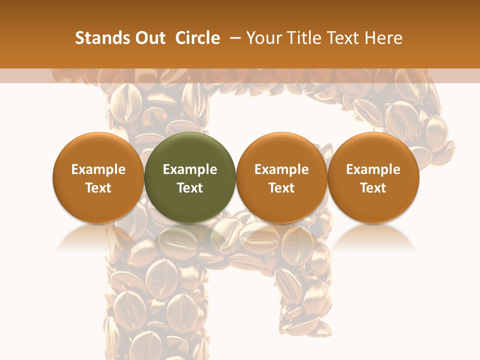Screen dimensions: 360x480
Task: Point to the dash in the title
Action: pyautogui.click(x=233, y=38)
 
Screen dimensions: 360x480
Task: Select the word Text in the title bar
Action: pyautogui.click(x=342, y=38)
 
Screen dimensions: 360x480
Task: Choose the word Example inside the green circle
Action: pyautogui.click(x=190, y=169)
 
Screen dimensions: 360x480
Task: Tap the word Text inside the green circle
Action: pyautogui.click(x=190, y=188)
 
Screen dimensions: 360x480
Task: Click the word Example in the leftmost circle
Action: pyautogui.click(x=98, y=169)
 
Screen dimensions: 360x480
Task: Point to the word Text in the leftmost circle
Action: pyautogui.click(x=98, y=188)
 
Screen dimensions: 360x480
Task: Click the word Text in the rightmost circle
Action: pyautogui.click(x=373, y=188)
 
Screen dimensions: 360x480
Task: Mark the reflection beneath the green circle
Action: pyautogui.click(x=190, y=237)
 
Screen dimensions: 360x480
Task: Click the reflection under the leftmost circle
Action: pyautogui.click(x=98, y=237)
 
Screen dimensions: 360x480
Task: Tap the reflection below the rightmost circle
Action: pyautogui.click(x=373, y=237)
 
